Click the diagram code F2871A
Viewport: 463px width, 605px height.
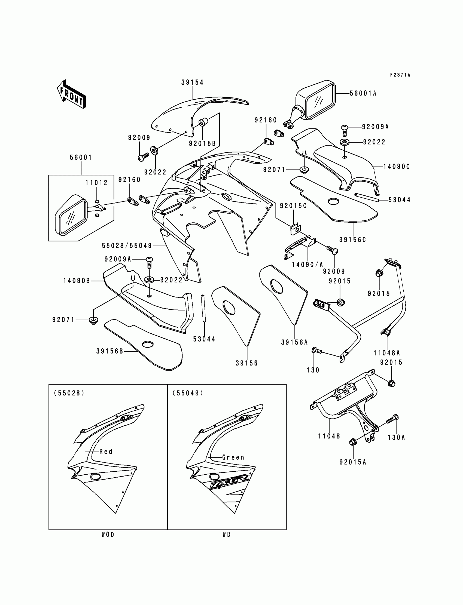click(400, 75)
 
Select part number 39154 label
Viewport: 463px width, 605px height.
click(192, 82)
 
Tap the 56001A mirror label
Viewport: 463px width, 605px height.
click(363, 93)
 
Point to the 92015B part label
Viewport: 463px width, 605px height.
click(202, 143)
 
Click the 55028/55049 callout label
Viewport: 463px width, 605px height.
click(127, 245)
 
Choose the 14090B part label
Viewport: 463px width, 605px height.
click(77, 281)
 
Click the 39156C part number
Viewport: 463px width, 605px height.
click(352, 240)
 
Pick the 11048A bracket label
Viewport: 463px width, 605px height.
click(387, 353)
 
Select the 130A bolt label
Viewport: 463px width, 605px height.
click(396, 437)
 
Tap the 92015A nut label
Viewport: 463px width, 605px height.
click(353, 462)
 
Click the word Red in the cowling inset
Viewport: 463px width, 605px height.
click(106, 452)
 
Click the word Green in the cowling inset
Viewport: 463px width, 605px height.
click(233, 457)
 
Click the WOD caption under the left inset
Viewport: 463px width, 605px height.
click(108, 535)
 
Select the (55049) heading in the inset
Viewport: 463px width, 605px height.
click(188, 393)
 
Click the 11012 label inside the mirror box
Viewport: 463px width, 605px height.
click(96, 183)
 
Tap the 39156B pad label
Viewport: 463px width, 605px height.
click(110, 351)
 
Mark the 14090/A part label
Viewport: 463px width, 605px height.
click(307, 265)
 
